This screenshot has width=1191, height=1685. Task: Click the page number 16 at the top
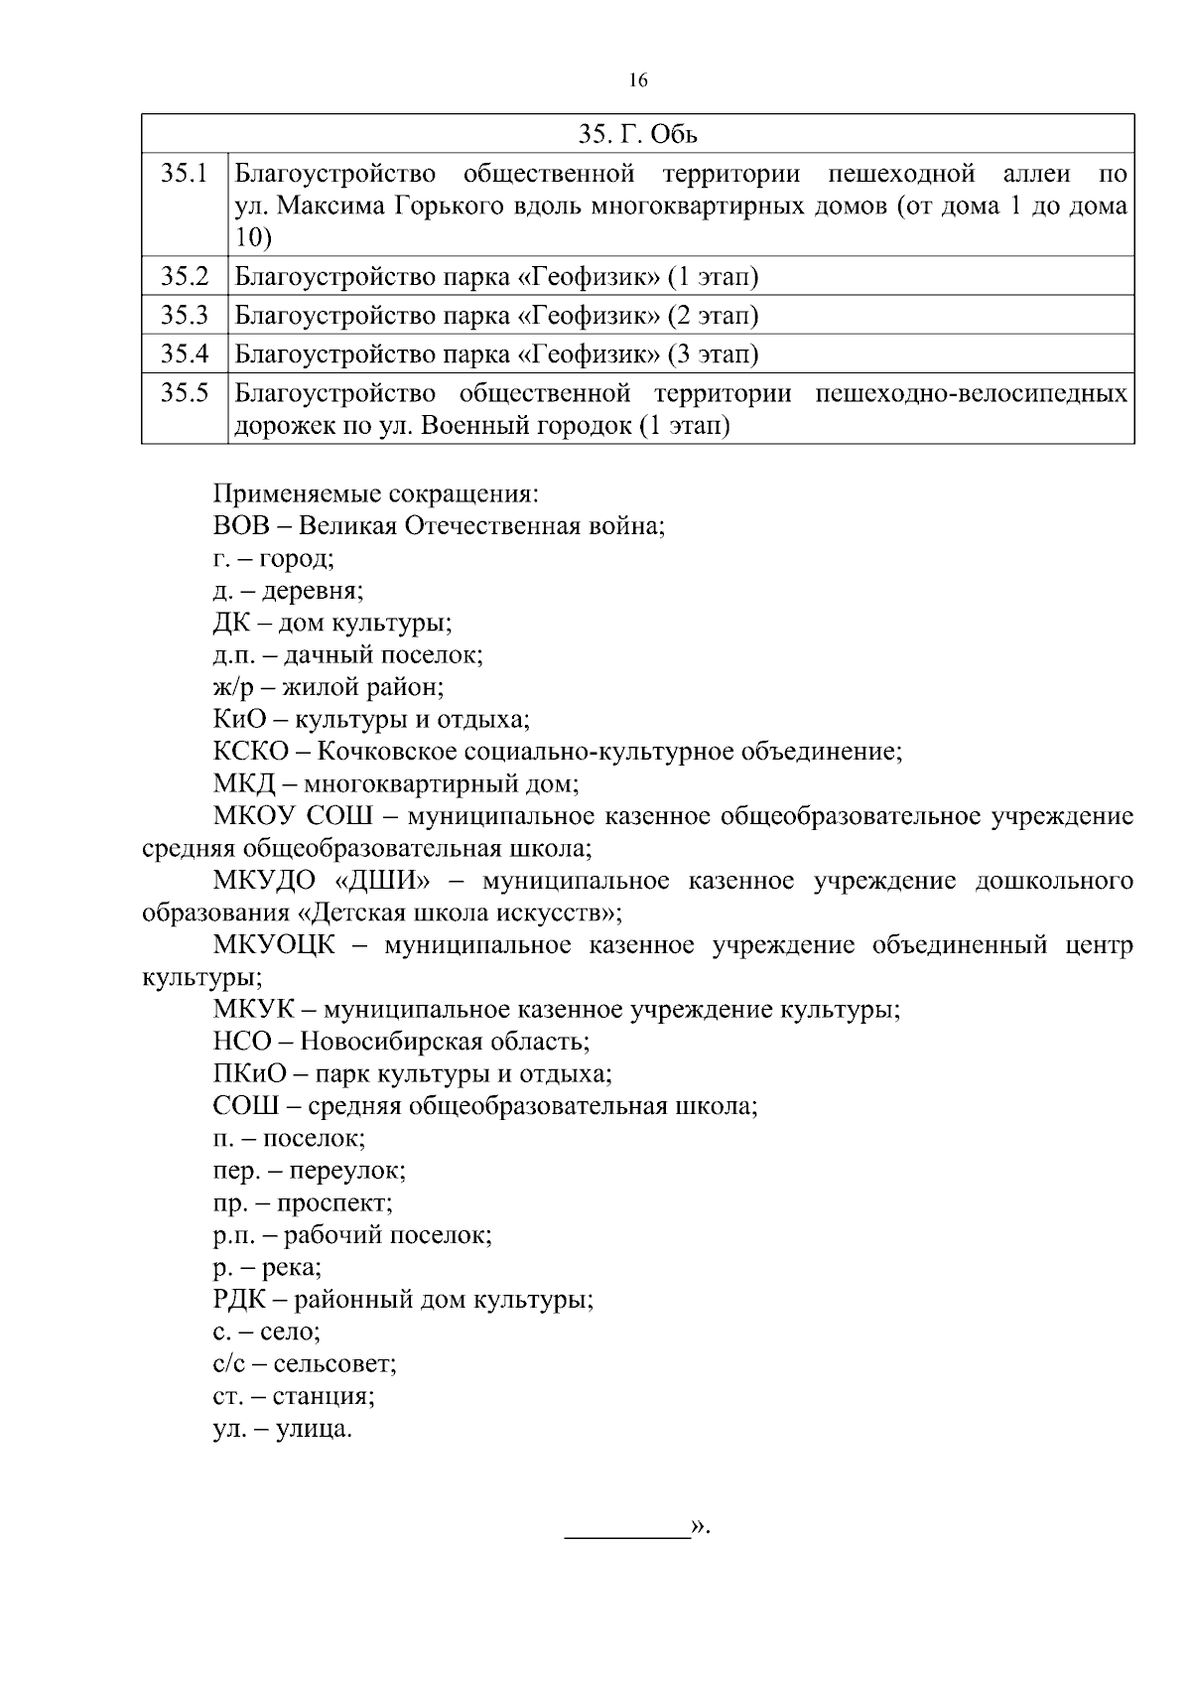click(x=637, y=81)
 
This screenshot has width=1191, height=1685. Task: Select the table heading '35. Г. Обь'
click(x=637, y=134)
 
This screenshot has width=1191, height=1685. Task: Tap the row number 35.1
click(x=185, y=175)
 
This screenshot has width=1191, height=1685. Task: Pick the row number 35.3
click(x=185, y=316)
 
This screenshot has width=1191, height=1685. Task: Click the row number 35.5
click(x=185, y=393)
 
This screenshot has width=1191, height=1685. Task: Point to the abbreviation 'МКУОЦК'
click(x=273, y=945)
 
